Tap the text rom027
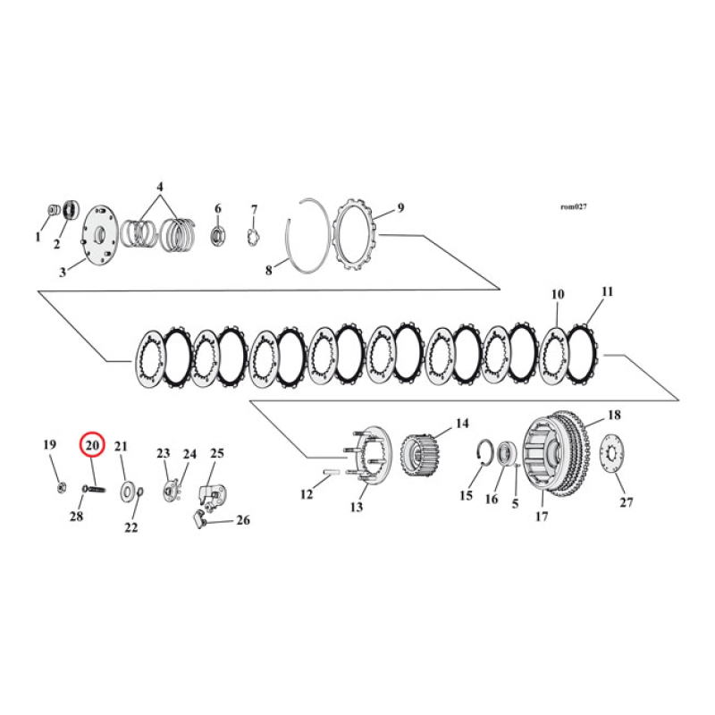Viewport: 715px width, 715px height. point(572,206)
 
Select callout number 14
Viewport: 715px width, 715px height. point(462,423)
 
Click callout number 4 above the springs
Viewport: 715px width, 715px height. point(159,187)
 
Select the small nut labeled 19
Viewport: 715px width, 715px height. point(58,486)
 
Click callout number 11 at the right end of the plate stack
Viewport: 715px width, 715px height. point(608,292)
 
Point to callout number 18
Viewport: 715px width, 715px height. point(614,416)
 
